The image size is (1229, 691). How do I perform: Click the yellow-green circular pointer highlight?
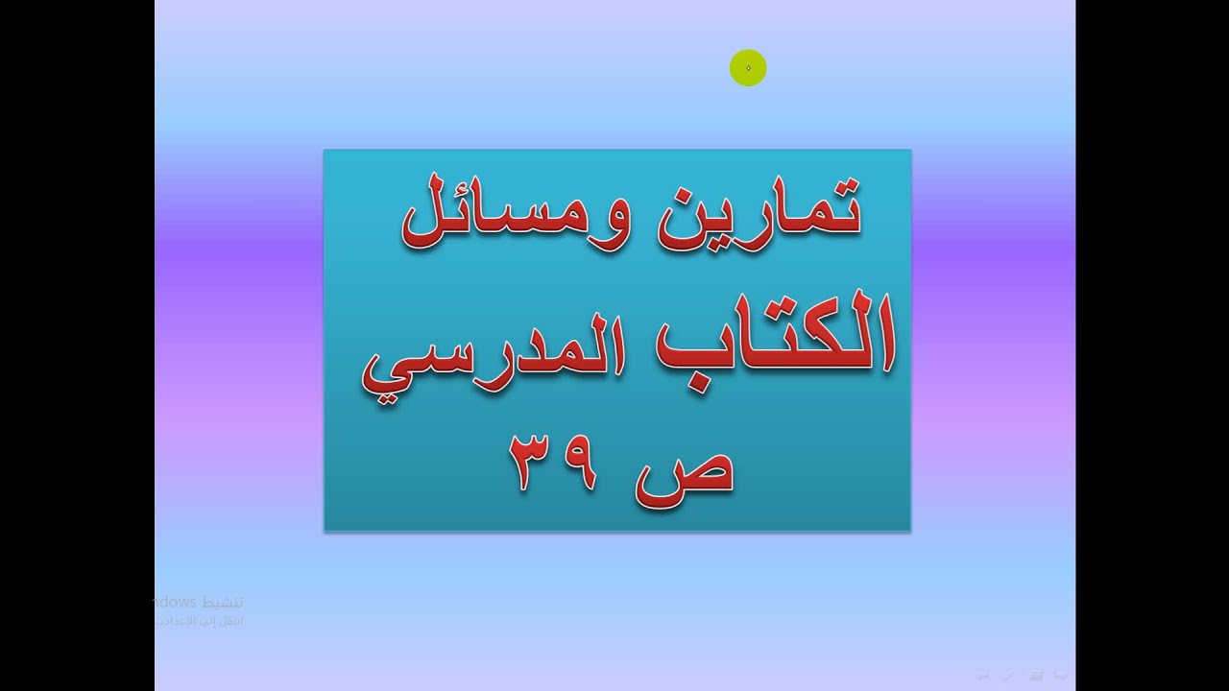click(748, 68)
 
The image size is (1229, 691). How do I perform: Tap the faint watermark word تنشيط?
click(221, 603)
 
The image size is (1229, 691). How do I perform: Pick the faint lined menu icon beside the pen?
click(1036, 676)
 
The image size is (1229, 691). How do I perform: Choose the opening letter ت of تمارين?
click(837, 213)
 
